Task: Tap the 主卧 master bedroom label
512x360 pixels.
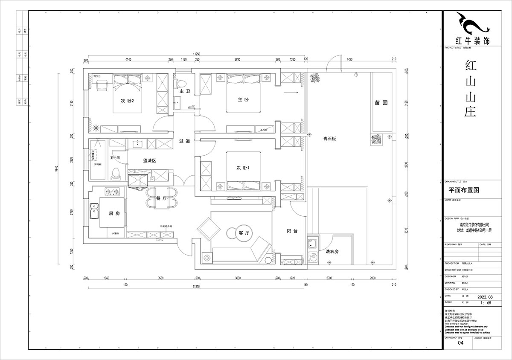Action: pyautogui.click(x=243, y=100)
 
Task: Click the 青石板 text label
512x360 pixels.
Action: pyautogui.click(x=330, y=138)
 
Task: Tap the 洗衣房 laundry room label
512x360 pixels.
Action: pyautogui.click(x=332, y=252)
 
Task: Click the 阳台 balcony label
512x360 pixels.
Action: pyautogui.click(x=292, y=231)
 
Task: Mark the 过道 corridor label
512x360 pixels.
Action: pyautogui.click(x=184, y=141)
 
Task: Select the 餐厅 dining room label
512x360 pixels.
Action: pyautogui.click(x=161, y=198)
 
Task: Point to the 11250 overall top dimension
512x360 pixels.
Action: pyautogui.click(x=196, y=54)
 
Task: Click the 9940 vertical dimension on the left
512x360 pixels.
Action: pyautogui.click(x=57, y=170)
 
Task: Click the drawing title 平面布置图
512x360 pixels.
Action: pyautogui.click(x=464, y=190)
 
